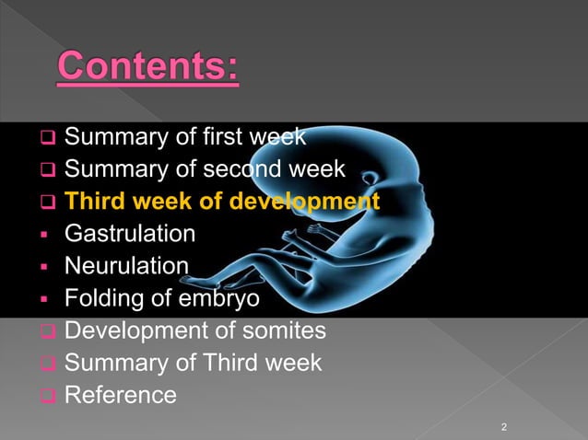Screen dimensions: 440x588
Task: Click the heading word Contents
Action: point(147,68)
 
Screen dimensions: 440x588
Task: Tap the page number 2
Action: point(504,427)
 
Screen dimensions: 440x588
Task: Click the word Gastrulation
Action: point(129,234)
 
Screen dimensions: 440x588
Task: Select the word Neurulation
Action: point(126,267)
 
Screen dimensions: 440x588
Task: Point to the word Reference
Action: point(120,395)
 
